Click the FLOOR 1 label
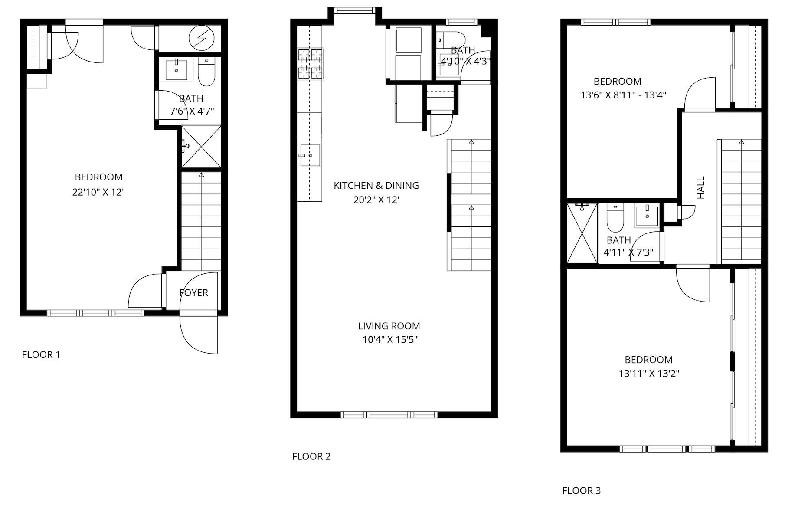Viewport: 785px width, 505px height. tap(41, 355)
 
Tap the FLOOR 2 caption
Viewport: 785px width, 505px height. tap(311, 456)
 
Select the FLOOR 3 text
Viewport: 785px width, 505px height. tap(582, 491)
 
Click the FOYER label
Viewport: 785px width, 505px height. tap(194, 293)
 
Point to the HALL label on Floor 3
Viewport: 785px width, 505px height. tap(701, 187)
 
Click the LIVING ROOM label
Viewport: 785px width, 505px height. tap(389, 326)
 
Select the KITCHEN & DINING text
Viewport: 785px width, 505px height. tap(376, 186)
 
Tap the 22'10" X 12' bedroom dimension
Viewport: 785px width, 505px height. tap(98, 192)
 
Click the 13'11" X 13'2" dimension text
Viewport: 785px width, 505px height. tap(649, 373)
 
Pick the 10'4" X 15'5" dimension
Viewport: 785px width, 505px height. tap(389, 339)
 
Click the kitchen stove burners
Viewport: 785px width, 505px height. tap(311, 64)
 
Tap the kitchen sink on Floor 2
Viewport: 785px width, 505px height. tap(310, 155)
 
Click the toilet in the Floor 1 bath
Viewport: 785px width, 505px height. tap(207, 72)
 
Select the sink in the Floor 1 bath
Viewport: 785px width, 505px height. tap(177, 70)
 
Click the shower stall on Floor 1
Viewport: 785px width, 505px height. tap(201, 146)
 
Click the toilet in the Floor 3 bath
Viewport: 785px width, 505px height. tap(615, 218)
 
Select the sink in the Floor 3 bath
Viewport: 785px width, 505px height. tap(647, 216)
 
